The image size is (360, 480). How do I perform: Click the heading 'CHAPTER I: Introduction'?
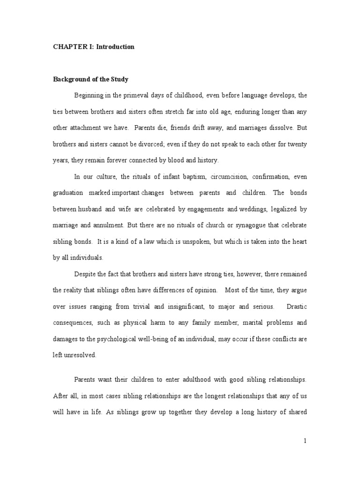93,47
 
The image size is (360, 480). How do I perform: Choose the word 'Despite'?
85,274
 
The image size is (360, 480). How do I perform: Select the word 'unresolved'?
81,355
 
